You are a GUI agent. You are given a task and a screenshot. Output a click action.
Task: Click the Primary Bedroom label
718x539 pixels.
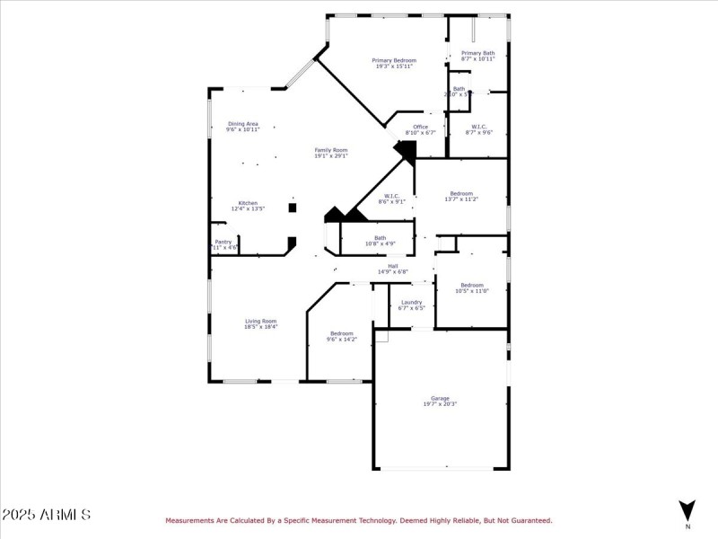pos(394,63)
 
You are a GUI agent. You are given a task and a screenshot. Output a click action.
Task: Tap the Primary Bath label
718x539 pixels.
pos(477,56)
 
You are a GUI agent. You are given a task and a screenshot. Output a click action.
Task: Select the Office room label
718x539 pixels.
pos(420,129)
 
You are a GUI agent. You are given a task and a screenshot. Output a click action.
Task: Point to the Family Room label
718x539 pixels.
pos(330,153)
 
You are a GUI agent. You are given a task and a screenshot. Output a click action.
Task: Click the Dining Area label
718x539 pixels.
pos(242,127)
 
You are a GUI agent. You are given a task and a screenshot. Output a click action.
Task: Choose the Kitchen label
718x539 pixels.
pos(247,206)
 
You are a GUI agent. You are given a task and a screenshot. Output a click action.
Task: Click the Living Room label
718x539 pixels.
pos(260,323)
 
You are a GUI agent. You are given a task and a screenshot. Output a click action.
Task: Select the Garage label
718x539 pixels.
pos(440,401)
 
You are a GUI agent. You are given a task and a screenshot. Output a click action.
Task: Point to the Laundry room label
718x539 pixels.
pos(411,305)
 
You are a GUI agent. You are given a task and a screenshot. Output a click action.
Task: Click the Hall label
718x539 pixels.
pos(392,269)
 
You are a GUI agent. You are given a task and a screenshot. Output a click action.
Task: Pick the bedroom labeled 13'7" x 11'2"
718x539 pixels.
pos(461,196)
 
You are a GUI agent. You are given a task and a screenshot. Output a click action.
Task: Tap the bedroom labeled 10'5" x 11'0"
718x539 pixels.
pos(471,287)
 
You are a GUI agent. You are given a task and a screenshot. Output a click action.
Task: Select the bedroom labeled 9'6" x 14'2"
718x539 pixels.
pos(340,336)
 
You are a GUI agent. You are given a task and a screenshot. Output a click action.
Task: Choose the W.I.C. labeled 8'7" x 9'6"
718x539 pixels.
pos(478,129)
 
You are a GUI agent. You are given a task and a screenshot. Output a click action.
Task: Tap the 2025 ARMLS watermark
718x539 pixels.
pos(46,515)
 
